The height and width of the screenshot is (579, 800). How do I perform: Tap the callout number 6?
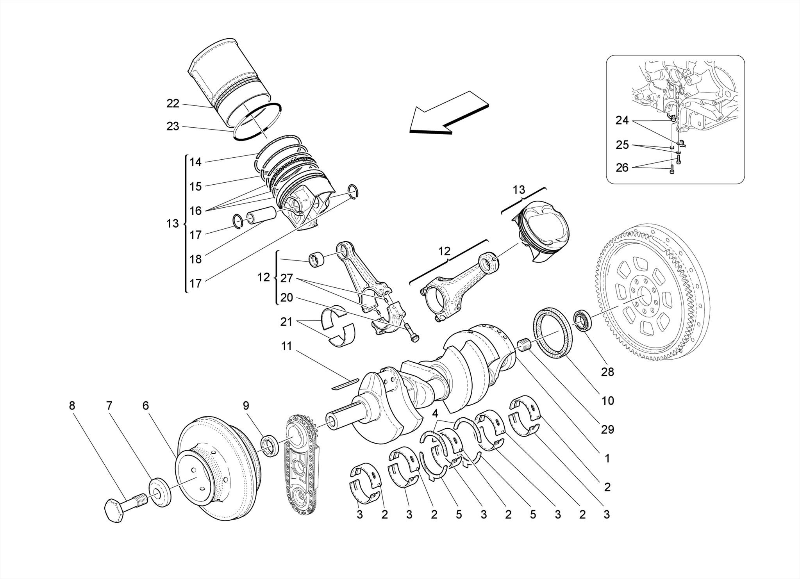pos(145,406)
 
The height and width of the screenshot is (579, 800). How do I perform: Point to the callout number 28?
pos(607,372)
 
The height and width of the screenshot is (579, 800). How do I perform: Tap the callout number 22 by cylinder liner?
pos(173,103)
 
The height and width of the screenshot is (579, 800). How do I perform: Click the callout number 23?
pos(173,126)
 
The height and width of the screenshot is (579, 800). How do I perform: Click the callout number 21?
pos(286,322)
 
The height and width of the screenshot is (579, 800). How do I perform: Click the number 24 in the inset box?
pos(622,121)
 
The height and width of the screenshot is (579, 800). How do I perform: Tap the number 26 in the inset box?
pos(622,168)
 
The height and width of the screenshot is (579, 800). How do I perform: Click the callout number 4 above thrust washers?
pos(435,413)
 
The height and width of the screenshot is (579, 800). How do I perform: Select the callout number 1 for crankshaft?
pos(607,458)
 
